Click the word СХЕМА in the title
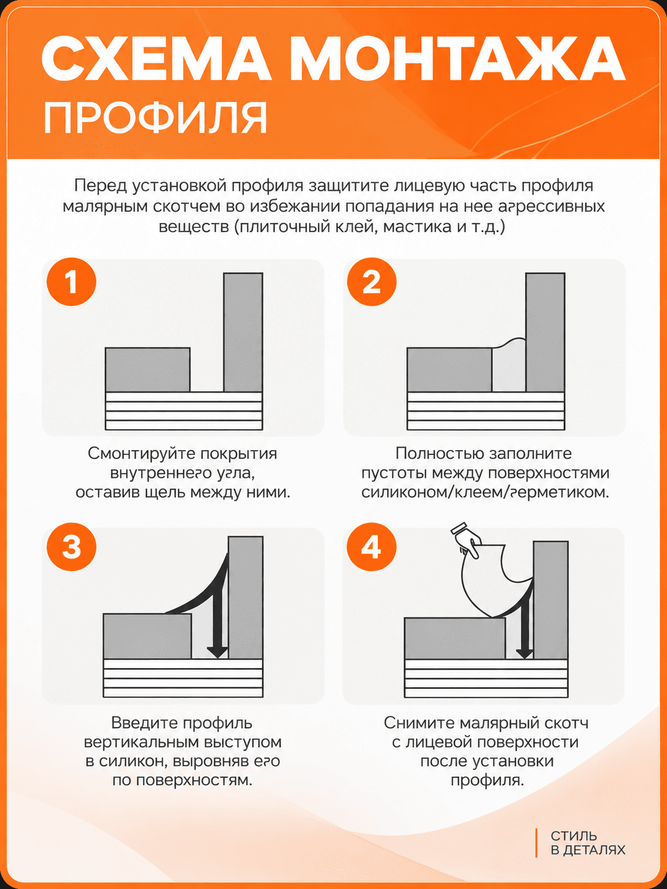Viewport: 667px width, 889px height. pyautogui.click(x=157, y=59)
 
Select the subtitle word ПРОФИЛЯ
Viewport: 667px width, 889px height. pyautogui.click(x=155, y=118)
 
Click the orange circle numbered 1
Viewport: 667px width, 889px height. pyautogui.click(x=71, y=282)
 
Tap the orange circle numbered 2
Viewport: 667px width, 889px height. pyautogui.click(x=372, y=282)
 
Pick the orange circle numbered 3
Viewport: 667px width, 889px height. pyautogui.click(x=71, y=547)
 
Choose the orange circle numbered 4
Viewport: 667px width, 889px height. pyautogui.click(x=372, y=547)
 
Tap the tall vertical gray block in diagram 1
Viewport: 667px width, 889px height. pyautogui.click(x=243, y=332)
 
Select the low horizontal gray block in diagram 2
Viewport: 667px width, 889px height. pyautogui.click(x=450, y=370)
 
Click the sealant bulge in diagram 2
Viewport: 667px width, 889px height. pyautogui.click(x=509, y=365)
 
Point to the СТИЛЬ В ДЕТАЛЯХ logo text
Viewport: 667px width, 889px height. pyautogui.click(x=588, y=842)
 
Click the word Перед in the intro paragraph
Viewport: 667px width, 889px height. pyautogui.click(x=100, y=186)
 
